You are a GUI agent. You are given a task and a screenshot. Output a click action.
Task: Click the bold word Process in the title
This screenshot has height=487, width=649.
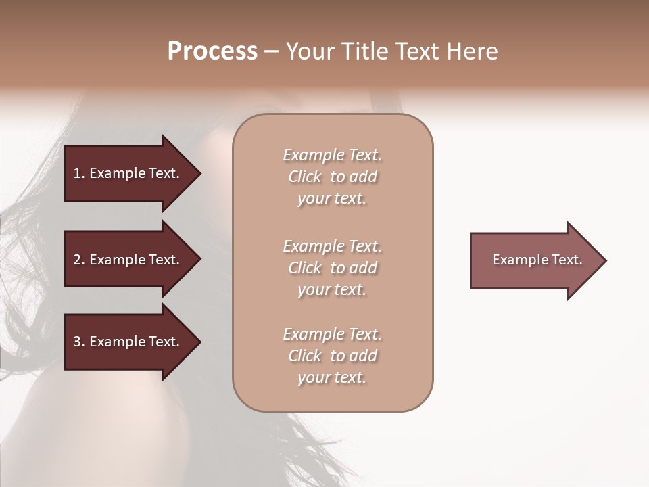pos(212,51)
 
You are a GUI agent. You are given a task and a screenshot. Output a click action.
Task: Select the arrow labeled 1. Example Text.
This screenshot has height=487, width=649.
pos(128,173)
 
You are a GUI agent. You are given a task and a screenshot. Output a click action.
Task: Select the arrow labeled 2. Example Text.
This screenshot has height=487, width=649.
pos(128,260)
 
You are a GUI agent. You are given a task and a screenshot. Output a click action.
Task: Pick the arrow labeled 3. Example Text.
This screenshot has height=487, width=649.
pos(128,342)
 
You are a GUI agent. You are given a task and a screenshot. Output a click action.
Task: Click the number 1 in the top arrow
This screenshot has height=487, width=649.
pos(77,173)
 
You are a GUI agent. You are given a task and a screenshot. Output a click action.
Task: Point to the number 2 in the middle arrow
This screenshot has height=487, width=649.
pos(77,260)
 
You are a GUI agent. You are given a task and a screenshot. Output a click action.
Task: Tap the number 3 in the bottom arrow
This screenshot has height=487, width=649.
pos(77,342)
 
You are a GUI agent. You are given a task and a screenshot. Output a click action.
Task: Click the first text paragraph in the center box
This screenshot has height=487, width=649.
pos(333,177)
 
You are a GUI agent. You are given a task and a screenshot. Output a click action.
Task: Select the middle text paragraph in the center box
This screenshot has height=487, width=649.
pos(333,268)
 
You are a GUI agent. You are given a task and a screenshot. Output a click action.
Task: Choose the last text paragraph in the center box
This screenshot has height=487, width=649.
pos(333,356)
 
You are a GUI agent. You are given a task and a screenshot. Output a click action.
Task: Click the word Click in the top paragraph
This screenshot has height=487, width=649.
pos(305,177)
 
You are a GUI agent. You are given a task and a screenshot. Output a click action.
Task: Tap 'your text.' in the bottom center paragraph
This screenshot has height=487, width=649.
pos(332,377)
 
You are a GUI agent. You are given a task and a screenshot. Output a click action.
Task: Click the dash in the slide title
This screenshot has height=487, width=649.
pos(271,51)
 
